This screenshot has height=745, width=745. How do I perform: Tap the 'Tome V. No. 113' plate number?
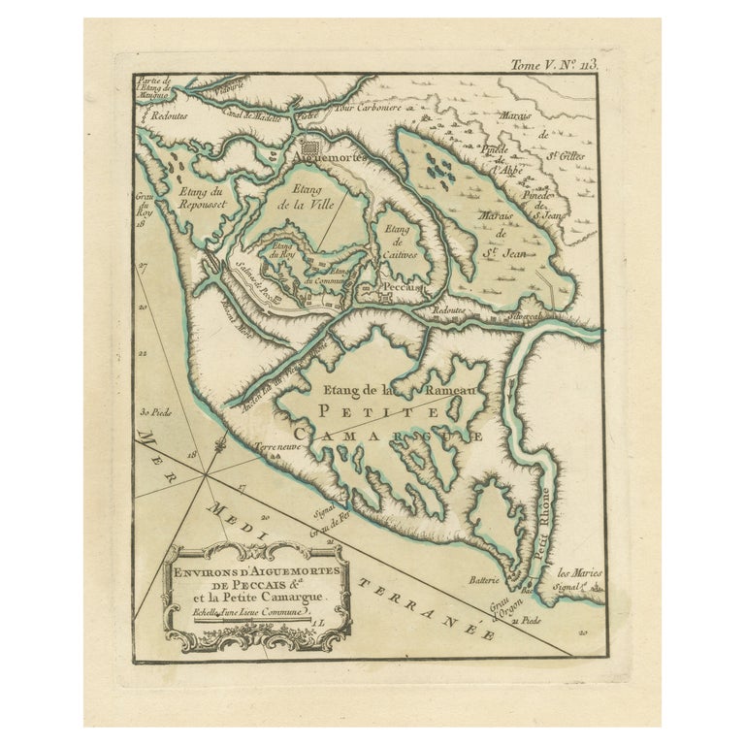pos(555,65)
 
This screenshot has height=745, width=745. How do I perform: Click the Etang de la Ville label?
pos(308,196)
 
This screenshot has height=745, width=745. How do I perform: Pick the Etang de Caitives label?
pos(396,240)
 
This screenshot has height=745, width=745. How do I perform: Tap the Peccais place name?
pos(397,288)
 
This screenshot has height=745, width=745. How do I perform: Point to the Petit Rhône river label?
pos(547,524)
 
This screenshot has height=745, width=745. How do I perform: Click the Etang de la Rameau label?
pos(400,390)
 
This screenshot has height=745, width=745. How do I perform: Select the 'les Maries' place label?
pos(579,572)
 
